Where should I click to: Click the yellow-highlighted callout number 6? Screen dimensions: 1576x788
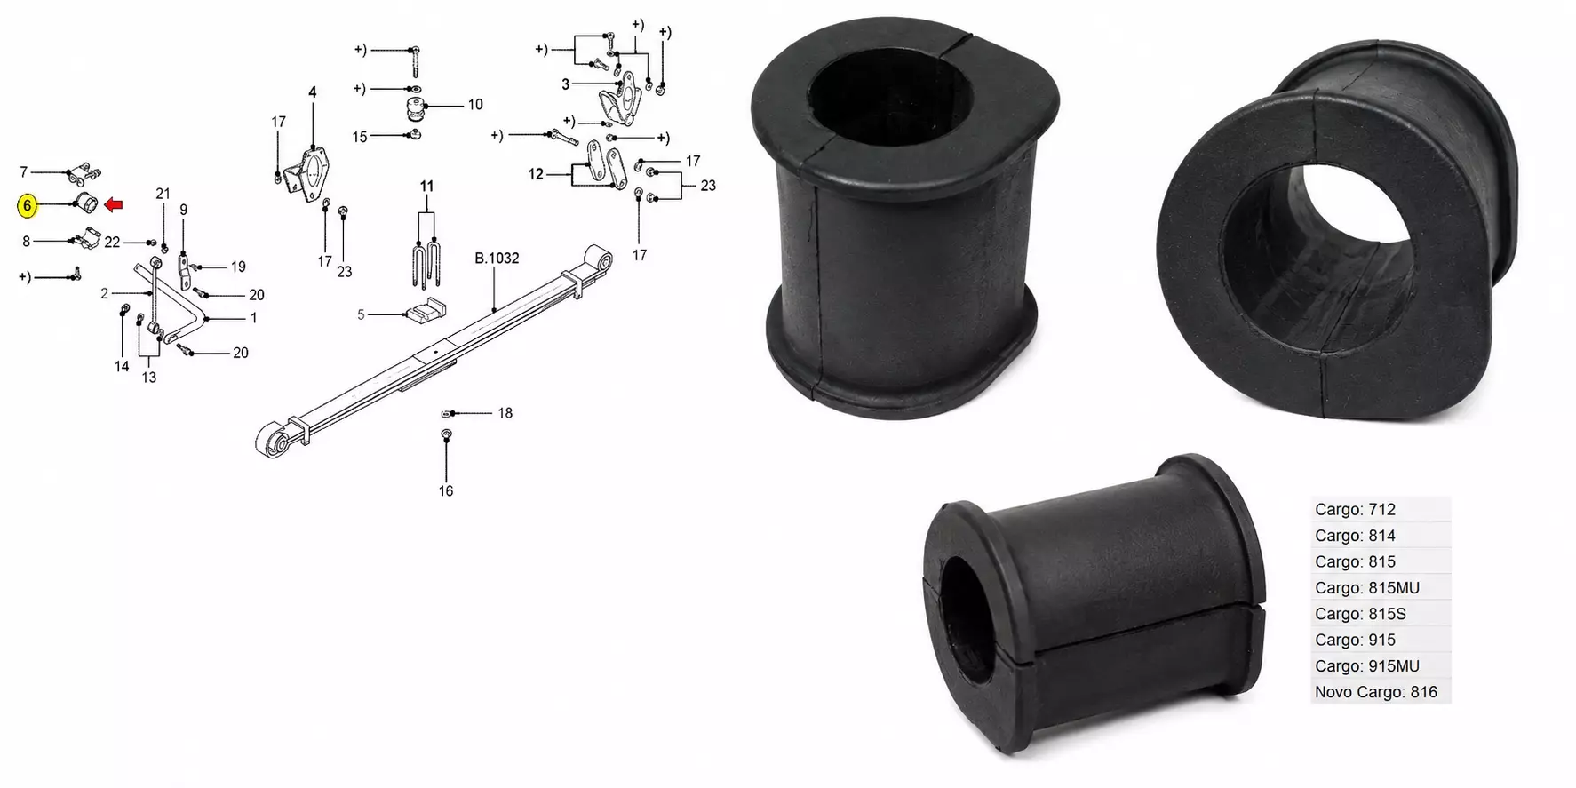click(x=28, y=206)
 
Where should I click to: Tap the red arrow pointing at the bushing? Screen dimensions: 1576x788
click(x=114, y=205)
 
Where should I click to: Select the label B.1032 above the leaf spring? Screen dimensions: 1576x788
click(x=497, y=259)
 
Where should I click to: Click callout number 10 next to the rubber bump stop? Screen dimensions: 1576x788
click(x=475, y=105)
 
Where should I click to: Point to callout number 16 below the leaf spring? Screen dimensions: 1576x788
click(x=446, y=490)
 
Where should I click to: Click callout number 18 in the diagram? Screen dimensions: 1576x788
click(x=505, y=413)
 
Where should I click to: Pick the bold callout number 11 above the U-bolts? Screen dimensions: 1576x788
click(x=427, y=187)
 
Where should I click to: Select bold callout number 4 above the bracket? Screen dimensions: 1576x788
click(x=313, y=92)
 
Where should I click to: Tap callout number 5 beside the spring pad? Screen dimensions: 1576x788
click(x=361, y=314)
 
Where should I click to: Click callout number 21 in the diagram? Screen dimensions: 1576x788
click(x=163, y=194)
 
